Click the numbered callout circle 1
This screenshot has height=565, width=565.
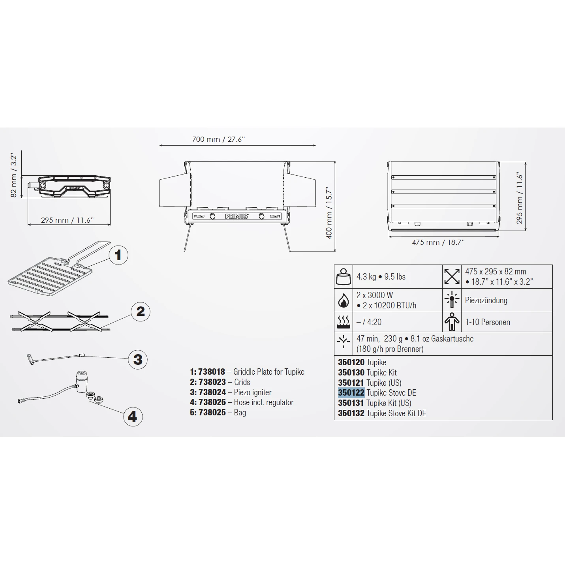click(x=118, y=255)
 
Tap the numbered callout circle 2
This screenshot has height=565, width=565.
click(x=141, y=312)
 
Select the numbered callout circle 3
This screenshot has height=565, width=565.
click(x=138, y=359)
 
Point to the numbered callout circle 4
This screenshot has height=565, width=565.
click(x=133, y=416)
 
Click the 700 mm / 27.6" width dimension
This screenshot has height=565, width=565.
click(x=218, y=139)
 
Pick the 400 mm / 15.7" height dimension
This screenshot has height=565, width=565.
click(x=329, y=212)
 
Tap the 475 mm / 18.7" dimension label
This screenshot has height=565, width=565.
click(x=438, y=242)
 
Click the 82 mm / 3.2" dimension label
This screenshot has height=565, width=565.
click(x=13, y=175)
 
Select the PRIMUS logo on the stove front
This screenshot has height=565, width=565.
click(x=237, y=216)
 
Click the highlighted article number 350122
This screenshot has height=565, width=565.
click(x=351, y=392)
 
